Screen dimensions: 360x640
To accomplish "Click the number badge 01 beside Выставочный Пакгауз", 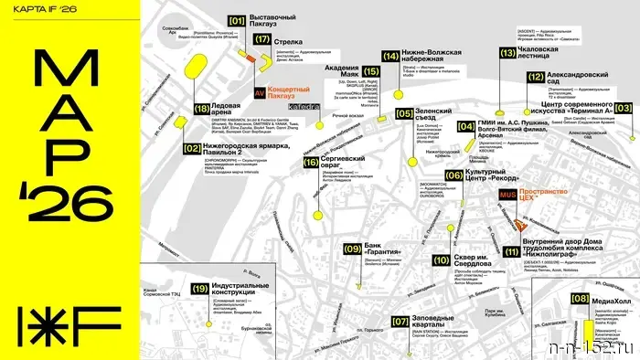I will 237,19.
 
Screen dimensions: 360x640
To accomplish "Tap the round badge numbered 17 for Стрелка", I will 263,39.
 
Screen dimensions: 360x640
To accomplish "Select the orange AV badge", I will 234,93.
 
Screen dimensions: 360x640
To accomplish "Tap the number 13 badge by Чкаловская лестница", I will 507,53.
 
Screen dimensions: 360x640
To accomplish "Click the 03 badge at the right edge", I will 624,108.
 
